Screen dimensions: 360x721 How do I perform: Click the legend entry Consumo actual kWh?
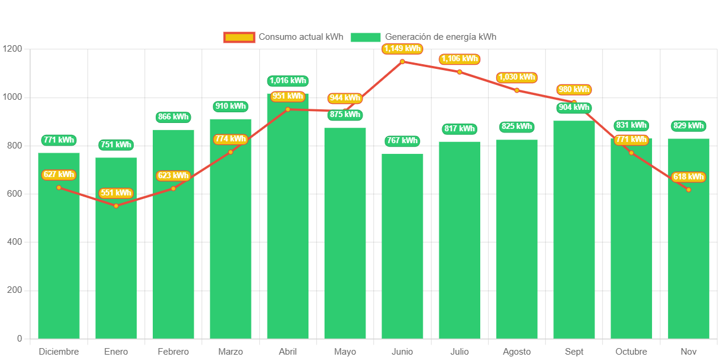tap(284, 37)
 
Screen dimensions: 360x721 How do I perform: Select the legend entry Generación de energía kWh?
tap(423, 37)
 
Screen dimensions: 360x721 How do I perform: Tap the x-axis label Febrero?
tap(174, 352)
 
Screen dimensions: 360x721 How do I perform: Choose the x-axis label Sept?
tap(574, 352)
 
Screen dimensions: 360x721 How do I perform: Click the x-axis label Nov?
tap(688, 352)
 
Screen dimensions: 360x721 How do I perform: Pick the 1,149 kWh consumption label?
tap(402, 49)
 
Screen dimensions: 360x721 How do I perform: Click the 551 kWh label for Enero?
tap(116, 193)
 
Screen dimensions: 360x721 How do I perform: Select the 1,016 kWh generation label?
tap(288, 81)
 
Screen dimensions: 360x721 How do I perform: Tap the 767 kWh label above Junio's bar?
tap(402, 141)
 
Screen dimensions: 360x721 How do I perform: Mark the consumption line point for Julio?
tap(459, 72)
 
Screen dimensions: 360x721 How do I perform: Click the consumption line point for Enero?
tap(116, 206)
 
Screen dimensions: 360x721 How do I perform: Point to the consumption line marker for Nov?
tap(688, 190)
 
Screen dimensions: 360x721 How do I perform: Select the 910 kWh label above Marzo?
tap(231, 106)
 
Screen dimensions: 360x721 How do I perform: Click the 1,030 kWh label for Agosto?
tap(517, 77)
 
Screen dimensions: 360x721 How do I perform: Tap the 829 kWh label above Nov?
tap(688, 126)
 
